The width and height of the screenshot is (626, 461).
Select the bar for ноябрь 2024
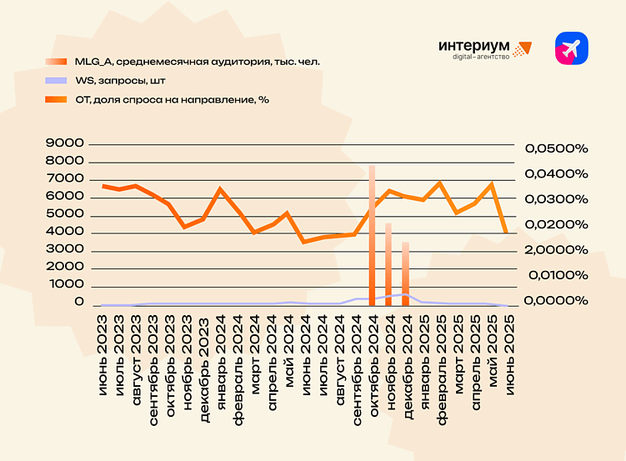click(388, 263)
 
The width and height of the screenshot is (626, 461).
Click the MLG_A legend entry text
click(197, 62)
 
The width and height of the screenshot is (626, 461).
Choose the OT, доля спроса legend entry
click(172, 99)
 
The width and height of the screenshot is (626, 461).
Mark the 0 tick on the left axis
click(80, 302)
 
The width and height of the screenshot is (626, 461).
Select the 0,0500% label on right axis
click(556, 148)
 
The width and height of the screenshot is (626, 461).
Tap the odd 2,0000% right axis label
click(556, 250)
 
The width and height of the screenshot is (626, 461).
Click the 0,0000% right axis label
click(556, 300)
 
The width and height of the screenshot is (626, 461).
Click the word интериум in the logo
click(473, 47)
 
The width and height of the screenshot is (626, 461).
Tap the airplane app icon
click(572, 49)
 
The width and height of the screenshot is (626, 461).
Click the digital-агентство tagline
click(480, 58)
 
